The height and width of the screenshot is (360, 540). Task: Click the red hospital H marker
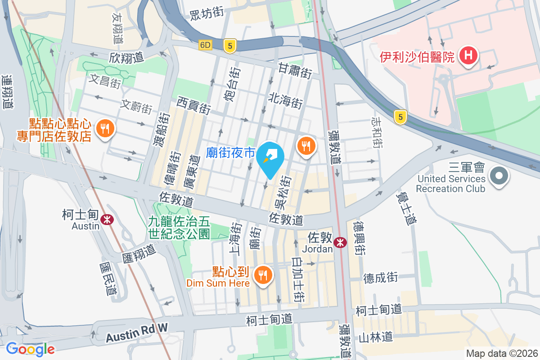(x=468, y=56)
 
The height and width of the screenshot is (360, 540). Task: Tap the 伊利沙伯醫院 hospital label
(x=417, y=57)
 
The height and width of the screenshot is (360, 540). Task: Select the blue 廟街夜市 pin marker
(x=270, y=160)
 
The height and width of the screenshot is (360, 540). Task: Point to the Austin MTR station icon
(x=107, y=220)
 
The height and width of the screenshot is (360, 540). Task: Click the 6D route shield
(x=205, y=45)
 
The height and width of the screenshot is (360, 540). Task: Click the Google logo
(x=31, y=349)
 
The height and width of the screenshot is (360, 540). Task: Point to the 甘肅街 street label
(x=295, y=71)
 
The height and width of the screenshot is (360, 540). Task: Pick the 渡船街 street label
(x=165, y=130)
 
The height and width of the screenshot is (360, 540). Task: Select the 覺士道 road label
(x=406, y=208)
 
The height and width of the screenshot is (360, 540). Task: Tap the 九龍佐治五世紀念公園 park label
(x=180, y=227)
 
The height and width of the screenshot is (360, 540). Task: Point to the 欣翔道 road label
(x=126, y=58)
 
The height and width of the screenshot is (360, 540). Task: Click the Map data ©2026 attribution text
(x=502, y=353)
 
